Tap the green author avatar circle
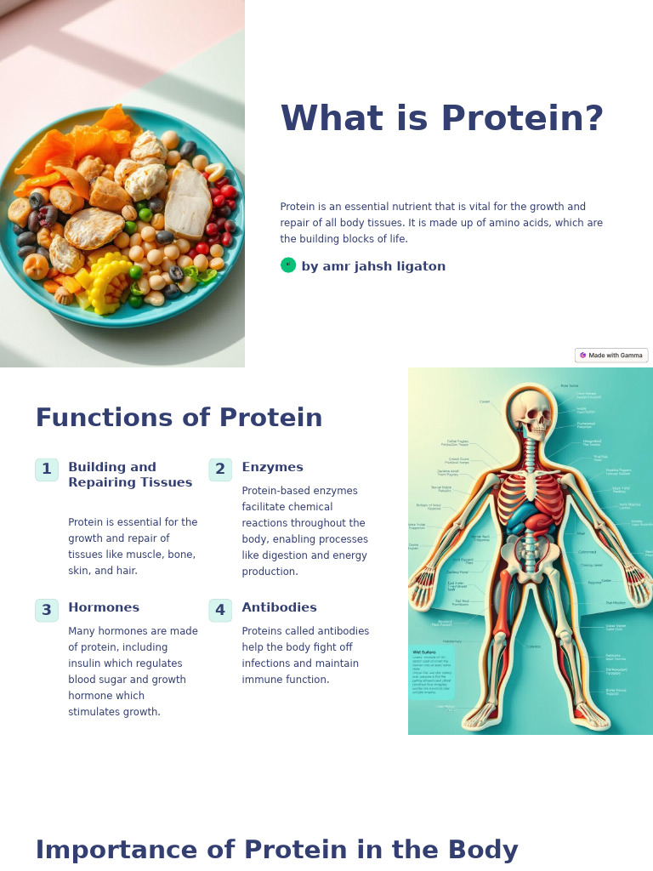(x=288, y=265)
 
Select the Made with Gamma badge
(x=611, y=356)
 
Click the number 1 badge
(x=47, y=470)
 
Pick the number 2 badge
(x=220, y=470)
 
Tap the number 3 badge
(x=47, y=610)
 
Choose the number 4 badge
(x=220, y=610)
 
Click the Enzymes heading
(x=272, y=468)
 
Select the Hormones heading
(x=104, y=608)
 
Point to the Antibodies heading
(x=279, y=608)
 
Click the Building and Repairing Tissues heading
(x=130, y=475)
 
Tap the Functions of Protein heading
(x=179, y=418)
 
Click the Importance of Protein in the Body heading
(x=276, y=851)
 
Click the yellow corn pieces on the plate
(x=109, y=281)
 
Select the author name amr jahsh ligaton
(x=373, y=266)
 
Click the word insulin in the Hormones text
(x=86, y=663)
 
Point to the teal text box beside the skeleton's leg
(x=432, y=672)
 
